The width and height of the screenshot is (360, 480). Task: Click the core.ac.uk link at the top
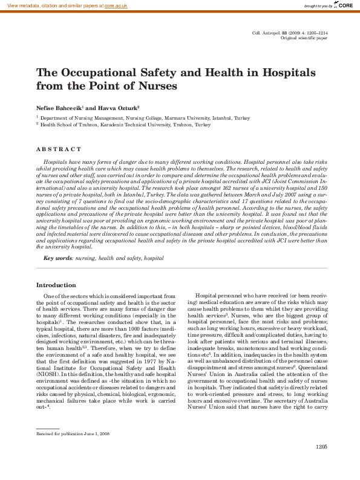(116, 5)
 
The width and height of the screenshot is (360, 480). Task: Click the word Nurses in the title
(156, 86)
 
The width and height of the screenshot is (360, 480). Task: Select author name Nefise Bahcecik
(59, 106)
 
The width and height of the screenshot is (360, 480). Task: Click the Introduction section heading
(56, 285)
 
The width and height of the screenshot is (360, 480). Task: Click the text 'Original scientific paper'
(304, 37)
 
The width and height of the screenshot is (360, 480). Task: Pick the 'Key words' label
(57, 258)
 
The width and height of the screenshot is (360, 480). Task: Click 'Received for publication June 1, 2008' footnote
(73, 434)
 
